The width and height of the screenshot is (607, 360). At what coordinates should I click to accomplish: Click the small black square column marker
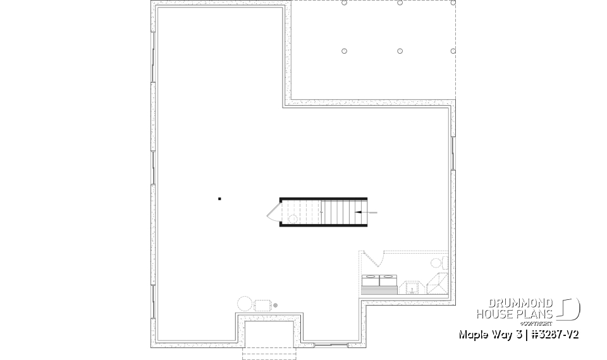click(219, 199)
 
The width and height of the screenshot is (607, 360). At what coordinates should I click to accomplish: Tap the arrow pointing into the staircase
click(366, 213)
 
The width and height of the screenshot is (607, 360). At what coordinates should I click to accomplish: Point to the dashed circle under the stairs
click(292, 218)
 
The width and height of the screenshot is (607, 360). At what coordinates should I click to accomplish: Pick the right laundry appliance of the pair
click(387, 280)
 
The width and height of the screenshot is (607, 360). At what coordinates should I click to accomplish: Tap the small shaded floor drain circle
click(275, 305)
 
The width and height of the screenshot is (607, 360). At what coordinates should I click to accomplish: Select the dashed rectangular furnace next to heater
click(262, 305)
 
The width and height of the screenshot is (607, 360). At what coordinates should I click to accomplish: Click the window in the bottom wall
click(331, 345)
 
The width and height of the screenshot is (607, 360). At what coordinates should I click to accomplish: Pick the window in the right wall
click(453, 152)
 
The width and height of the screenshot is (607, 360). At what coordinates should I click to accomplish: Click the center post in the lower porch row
click(400, 51)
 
